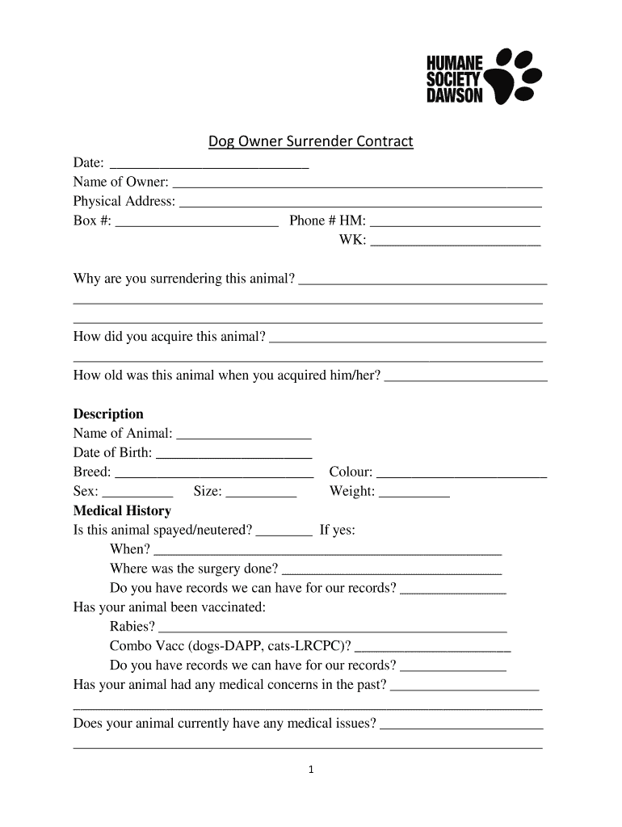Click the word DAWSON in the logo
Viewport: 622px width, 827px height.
[455, 95]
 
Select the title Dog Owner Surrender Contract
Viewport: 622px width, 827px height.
[310, 142]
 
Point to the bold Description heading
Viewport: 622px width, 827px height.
[108, 414]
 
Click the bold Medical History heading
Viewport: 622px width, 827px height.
[122, 511]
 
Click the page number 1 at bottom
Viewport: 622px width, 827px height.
[311, 770]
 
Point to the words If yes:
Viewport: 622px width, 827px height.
[338, 531]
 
